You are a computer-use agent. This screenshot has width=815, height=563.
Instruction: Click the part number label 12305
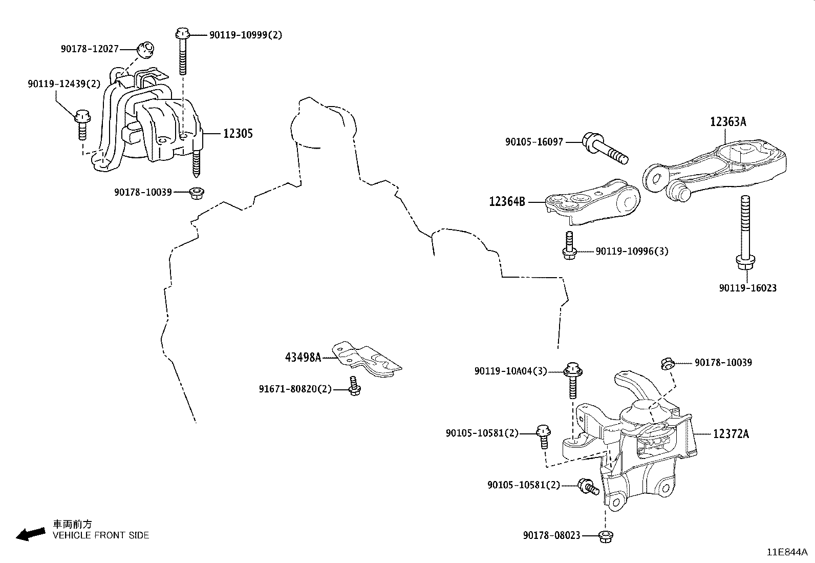238,134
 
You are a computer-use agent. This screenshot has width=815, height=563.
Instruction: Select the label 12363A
727,122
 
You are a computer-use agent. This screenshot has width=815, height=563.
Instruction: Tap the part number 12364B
507,202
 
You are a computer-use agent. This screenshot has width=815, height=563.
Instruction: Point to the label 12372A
731,434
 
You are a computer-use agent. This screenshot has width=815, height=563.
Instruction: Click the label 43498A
303,357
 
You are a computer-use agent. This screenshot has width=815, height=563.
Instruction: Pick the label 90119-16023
747,288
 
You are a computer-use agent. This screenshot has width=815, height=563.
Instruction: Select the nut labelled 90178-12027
146,50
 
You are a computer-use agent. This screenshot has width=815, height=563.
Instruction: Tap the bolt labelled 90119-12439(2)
82,123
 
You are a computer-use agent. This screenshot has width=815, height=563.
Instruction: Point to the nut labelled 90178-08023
606,536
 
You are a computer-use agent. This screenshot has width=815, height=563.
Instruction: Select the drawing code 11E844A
786,552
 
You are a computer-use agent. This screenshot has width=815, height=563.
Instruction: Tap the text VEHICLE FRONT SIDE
101,535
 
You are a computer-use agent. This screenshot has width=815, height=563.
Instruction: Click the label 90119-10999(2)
245,35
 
